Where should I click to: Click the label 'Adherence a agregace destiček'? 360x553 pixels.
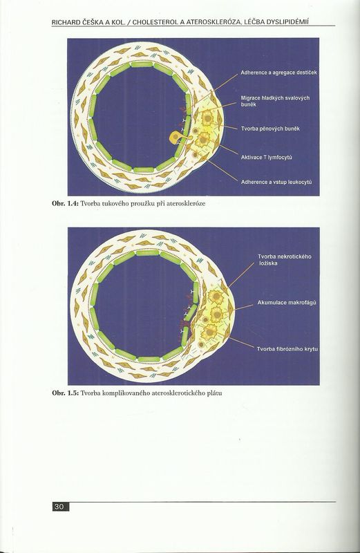[x=278, y=73]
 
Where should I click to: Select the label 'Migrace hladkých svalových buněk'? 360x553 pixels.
[x=275, y=101]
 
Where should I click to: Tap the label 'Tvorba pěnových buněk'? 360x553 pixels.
[x=270, y=129]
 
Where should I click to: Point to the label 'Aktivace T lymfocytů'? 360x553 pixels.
[x=266, y=158]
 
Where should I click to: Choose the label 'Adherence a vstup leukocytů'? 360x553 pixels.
[x=276, y=182]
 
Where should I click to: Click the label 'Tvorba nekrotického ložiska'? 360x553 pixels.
[x=284, y=260]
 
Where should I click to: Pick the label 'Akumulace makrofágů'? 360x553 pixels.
[x=287, y=303]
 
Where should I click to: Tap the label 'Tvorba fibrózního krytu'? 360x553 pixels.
[x=287, y=349]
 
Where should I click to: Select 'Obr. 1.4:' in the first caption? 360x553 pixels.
[x=65, y=203]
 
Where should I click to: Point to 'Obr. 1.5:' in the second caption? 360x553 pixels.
[x=65, y=393]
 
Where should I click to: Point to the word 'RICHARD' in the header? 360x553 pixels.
[x=66, y=22]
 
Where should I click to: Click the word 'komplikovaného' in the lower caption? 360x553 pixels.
[x=126, y=393]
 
